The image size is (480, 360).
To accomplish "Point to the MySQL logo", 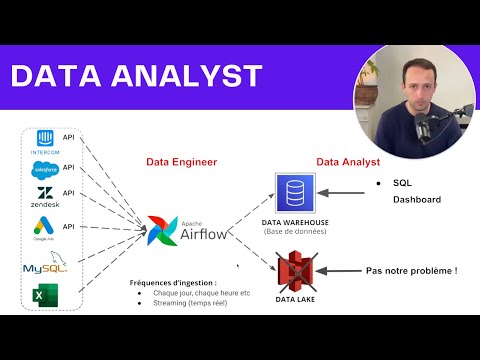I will point(43,266).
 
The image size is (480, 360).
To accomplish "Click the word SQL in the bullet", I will point(402,185).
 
